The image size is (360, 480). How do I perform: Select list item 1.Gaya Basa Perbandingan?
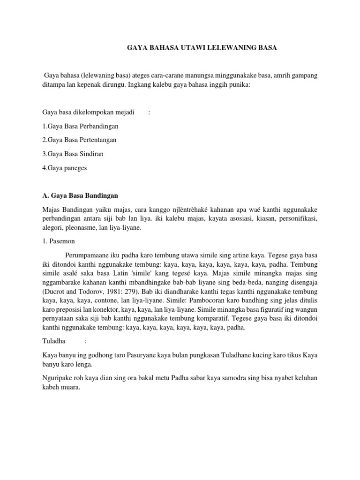pos(80,126)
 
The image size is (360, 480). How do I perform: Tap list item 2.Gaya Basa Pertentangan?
pos(79,140)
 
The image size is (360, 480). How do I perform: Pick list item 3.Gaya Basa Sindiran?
pos(73,153)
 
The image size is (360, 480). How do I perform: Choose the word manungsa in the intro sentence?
pos(189,76)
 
